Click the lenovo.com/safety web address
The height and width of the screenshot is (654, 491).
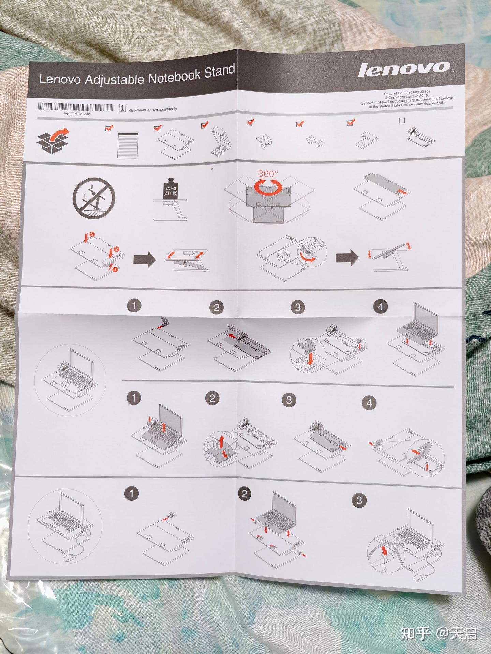pos(152,109)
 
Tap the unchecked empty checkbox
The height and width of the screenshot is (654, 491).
pos(402,120)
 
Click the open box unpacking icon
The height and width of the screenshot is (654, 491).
pos(53,140)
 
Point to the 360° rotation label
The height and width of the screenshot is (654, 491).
pos(268,174)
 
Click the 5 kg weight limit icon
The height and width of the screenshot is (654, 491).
pos(170,189)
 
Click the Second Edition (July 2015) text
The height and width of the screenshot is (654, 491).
pos(407,92)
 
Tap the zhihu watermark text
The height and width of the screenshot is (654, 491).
pos(438,633)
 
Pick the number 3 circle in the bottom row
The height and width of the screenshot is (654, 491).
pos(359,500)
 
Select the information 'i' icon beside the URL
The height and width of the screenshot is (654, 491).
pos(122,108)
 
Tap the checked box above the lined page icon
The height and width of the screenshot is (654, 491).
pos(109,128)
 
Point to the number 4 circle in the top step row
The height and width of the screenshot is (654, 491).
pos(380,307)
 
